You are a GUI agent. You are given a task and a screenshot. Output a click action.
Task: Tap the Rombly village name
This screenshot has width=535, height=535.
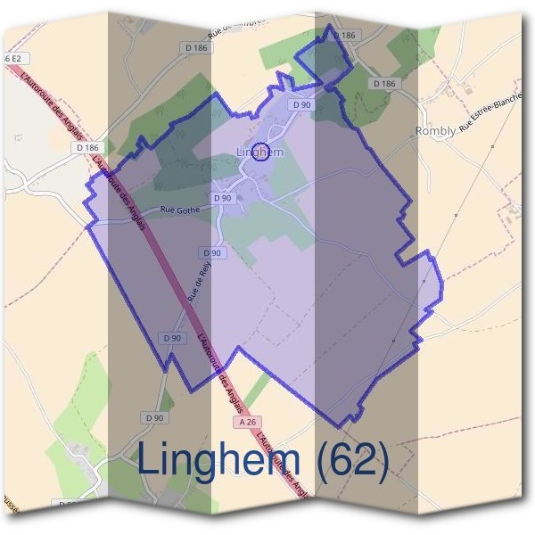[x=435, y=131]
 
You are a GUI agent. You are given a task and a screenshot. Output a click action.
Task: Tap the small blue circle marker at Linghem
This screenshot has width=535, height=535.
[x=260, y=152]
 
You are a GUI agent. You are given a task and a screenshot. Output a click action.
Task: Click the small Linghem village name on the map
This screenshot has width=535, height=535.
[x=260, y=152]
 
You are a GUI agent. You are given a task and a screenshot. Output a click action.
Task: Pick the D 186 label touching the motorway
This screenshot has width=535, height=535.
[x=90, y=147]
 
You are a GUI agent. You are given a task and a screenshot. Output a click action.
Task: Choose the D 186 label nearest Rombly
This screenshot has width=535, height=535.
[x=383, y=83]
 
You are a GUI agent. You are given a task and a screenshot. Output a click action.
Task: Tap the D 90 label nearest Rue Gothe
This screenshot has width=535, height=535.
[x=223, y=198]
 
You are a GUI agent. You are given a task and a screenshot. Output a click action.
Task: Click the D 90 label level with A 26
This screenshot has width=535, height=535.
[x=154, y=417]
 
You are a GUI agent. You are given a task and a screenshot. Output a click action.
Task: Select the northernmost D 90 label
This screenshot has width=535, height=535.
[x=301, y=105]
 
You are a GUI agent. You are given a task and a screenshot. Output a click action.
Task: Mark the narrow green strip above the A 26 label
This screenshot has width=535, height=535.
[x=257, y=390]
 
